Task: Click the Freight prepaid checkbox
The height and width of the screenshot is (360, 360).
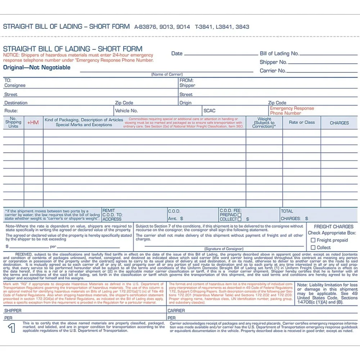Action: (x=313, y=240)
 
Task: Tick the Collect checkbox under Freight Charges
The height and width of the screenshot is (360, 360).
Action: (x=313, y=248)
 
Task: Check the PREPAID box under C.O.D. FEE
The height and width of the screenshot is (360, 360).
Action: (x=239, y=215)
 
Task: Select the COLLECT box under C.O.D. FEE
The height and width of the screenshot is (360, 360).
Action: (x=239, y=219)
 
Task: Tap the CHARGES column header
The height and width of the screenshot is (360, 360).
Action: (x=339, y=123)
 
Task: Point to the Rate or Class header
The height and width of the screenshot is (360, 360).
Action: (x=302, y=122)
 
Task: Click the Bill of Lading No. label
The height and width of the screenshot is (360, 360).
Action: (x=279, y=54)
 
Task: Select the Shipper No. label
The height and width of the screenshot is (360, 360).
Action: (x=274, y=62)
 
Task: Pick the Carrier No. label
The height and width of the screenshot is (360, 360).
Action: (x=273, y=71)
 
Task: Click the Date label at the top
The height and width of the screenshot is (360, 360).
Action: (x=177, y=54)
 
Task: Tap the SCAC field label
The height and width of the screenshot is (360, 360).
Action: (x=209, y=111)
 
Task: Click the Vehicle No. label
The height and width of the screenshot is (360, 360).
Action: (x=126, y=111)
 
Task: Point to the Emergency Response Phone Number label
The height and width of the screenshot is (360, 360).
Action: (x=292, y=111)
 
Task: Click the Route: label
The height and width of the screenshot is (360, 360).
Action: (x=11, y=111)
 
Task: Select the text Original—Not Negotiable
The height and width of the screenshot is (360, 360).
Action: (x=37, y=68)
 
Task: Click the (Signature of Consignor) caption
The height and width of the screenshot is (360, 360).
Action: (x=224, y=249)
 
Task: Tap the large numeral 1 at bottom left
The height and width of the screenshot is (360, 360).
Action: (x=12, y=328)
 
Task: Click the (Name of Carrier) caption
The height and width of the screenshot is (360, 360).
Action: (x=167, y=74)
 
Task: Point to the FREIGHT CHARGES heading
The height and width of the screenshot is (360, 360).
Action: (x=333, y=227)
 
